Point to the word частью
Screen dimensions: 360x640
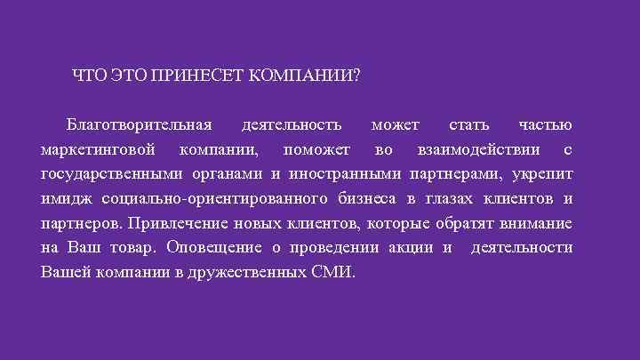(x=546, y=123)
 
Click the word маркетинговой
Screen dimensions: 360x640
(x=99, y=148)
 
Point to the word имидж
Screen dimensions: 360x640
(x=67, y=197)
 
